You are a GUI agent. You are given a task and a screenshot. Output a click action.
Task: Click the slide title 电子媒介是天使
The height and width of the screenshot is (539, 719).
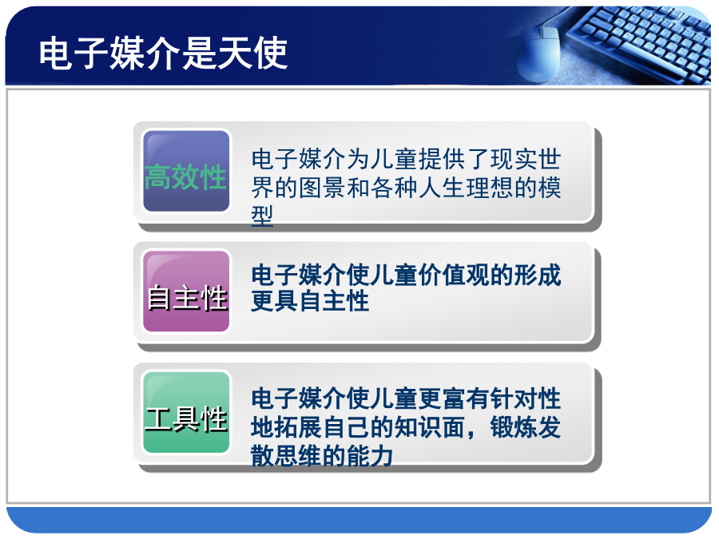coord(163,54)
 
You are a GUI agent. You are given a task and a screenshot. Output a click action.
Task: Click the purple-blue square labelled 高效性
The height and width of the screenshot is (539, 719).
coord(186,171)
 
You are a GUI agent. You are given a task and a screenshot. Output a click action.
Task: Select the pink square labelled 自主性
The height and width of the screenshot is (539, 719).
coord(186,291)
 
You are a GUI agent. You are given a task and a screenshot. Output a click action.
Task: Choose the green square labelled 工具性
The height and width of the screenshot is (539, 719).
coord(186,412)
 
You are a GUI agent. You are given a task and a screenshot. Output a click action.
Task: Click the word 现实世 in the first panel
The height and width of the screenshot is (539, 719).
coord(526,159)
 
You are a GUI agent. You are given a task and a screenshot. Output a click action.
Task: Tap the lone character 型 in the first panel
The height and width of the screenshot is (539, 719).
coord(263,216)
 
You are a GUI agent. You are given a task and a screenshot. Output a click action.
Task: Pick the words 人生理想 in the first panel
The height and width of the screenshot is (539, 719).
coord(466,188)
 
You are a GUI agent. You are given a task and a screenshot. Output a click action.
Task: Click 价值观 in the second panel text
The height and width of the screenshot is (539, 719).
coord(454,275)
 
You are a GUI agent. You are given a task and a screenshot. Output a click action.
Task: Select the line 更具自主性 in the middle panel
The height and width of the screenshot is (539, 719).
coord(311,301)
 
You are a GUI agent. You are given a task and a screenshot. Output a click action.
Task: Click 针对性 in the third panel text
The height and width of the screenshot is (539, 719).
coord(526,398)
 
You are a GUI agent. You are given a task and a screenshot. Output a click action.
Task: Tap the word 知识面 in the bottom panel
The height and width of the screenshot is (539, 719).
coord(430,426)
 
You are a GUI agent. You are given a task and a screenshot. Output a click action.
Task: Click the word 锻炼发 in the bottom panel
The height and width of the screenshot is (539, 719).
coord(526,426)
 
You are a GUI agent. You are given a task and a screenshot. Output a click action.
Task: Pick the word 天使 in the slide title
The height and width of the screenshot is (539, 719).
coord(252,54)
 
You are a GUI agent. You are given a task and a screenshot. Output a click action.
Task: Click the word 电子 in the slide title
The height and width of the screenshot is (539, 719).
coord(73,54)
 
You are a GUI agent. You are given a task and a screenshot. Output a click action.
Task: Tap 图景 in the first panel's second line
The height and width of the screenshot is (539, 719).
coord(323,188)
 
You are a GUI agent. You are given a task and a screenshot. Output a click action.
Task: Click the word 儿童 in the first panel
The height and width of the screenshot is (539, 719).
coord(395,159)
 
